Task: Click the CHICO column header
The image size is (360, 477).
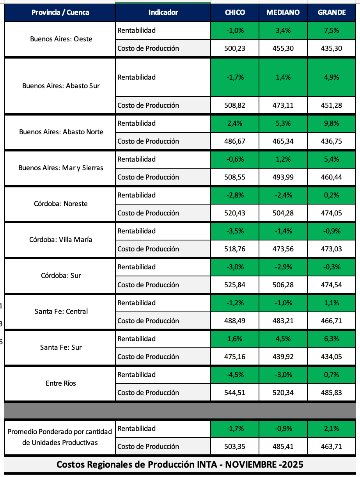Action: tap(235, 12)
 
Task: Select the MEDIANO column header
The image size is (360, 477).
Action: tap(283, 12)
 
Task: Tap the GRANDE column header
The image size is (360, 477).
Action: tap(332, 12)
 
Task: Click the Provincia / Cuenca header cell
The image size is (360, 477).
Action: tap(60, 12)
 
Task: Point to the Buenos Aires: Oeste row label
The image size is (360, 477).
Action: tap(61, 39)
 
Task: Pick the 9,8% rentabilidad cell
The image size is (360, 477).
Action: tap(332, 123)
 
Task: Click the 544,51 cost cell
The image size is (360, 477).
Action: tap(235, 393)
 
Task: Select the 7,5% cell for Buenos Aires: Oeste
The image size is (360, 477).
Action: tap(332, 30)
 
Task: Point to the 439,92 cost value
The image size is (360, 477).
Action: tap(283, 357)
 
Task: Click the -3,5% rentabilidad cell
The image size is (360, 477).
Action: tap(235, 231)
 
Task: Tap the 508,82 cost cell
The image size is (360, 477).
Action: tap(235, 105)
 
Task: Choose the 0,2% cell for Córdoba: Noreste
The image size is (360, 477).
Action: tap(332, 195)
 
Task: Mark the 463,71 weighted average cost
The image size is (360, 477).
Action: tap(332, 447)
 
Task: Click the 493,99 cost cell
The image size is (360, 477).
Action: tap(283, 177)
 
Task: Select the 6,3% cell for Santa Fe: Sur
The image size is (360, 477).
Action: tap(332, 339)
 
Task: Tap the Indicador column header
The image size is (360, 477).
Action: tap(163, 12)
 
